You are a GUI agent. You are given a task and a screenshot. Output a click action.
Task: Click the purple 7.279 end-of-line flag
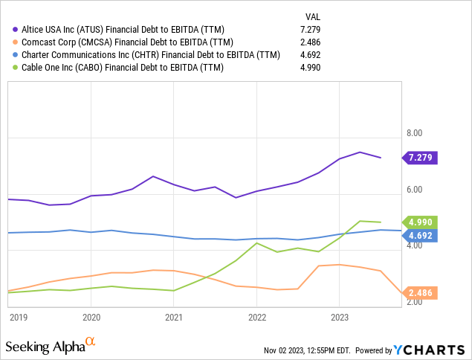(x=421, y=158)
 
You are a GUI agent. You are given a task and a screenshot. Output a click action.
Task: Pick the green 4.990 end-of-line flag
(x=421, y=222)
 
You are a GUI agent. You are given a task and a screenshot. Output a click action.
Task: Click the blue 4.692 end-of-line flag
(x=421, y=235)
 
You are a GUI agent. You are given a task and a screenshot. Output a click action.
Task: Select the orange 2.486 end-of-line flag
(x=421, y=294)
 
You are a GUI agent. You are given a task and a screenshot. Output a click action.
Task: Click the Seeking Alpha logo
(x=51, y=346)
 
